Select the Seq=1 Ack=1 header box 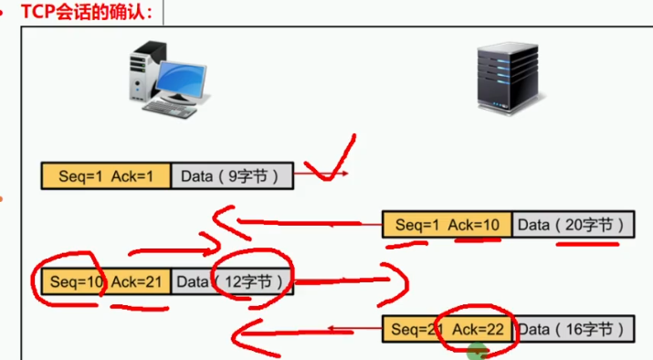click(106, 175)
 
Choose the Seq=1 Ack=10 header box click(448, 225)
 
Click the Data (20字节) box click(572, 225)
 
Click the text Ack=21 click(136, 281)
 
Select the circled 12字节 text click(253, 281)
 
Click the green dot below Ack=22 click(475, 351)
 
